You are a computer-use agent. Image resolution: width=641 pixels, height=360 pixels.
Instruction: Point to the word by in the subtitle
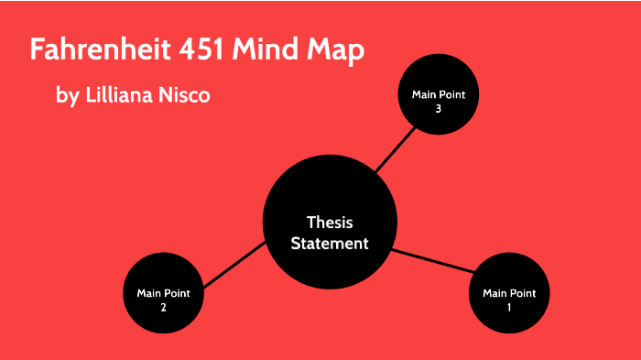click(x=67, y=95)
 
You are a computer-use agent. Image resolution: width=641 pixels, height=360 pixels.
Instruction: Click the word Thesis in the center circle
click(x=330, y=223)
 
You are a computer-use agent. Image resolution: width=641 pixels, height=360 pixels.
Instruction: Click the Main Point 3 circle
click(x=439, y=100)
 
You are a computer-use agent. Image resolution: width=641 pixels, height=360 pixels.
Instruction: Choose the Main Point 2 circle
click(x=163, y=293)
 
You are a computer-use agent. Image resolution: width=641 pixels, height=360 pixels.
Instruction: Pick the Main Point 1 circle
click(x=509, y=293)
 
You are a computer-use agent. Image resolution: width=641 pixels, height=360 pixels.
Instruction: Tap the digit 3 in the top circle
click(x=439, y=108)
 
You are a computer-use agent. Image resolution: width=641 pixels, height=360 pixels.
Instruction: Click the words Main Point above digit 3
click(x=439, y=94)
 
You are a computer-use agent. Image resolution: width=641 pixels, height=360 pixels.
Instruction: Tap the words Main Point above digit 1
click(x=509, y=293)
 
